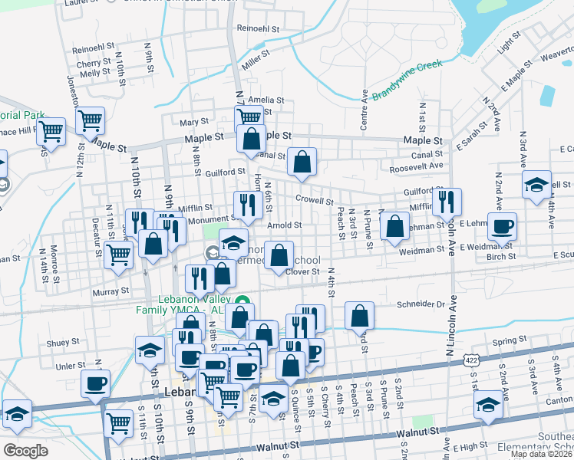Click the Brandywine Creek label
[x=407, y=77]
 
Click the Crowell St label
[x=314, y=201]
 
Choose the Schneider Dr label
[x=421, y=304]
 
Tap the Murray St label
[x=112, y=291]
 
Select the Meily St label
[x=95, y=73]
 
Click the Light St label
[x=503, y=47]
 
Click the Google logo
[x=26, y=450]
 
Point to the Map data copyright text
[x=541, y=454]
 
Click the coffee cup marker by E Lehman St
[x=502, y=227]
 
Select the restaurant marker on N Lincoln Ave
[x=447, y=202]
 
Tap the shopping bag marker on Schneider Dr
[x=359, y=314]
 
